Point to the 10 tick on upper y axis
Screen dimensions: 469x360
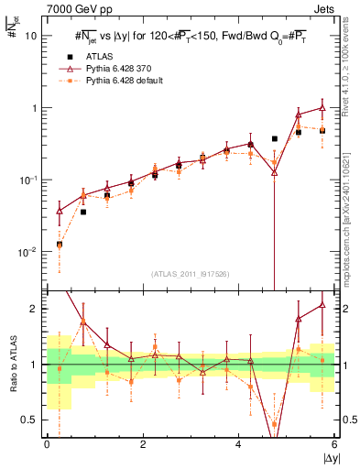coord(29,36)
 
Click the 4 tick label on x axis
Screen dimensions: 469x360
coord(238,444)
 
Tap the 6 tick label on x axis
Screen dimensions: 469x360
coord(334,444)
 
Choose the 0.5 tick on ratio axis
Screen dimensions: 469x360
coord(29,420)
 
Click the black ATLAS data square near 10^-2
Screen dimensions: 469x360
coord(60,245)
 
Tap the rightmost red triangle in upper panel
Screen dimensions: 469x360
coord(322,108)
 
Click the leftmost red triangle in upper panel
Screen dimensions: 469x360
coord(60,211)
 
